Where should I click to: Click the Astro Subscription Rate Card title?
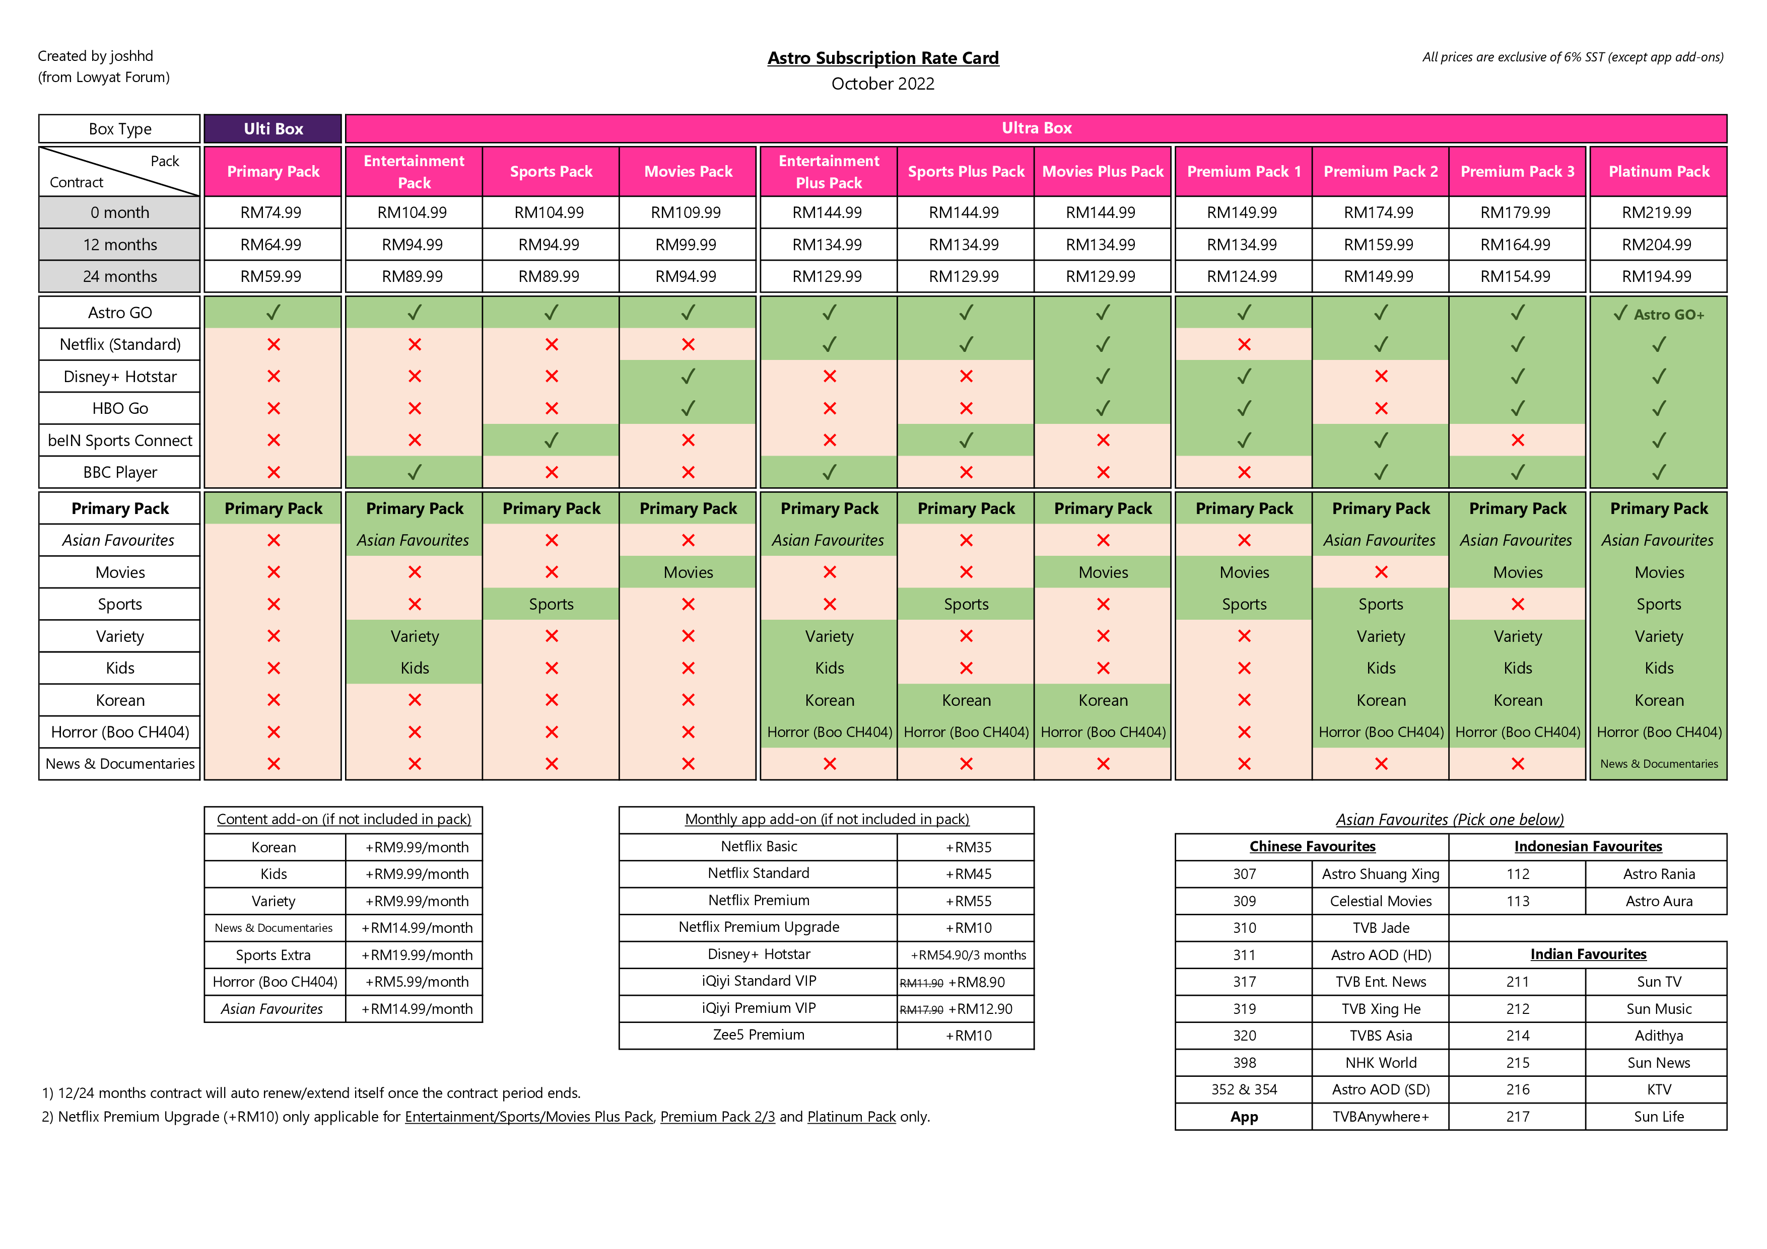[x=882, y=58]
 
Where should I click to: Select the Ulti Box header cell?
[x=273, y=128]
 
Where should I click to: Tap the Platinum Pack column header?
[x=1659, y=172]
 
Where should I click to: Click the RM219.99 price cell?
[x=1657, y=212]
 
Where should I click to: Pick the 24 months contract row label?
[x=120, y=276]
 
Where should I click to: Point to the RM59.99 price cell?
[x=271, y=276]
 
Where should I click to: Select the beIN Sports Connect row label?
[x=120, y=440]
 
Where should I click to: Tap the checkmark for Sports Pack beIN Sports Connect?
[x=551, y=440]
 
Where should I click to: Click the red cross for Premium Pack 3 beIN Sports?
[x=1518, y=440]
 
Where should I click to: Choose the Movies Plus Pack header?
[x=1103, y=172]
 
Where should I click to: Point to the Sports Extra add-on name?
[x=273, y=954]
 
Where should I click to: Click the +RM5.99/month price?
[x=417, y=981]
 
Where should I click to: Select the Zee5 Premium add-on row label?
[x=759, y=1035]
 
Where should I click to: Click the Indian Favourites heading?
[x=1588, y=953]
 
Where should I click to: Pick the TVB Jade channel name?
[x=1381, y=927]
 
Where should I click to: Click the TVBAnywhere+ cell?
[x=1381, y=1116]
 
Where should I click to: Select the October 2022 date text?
[x=882, y=84]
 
